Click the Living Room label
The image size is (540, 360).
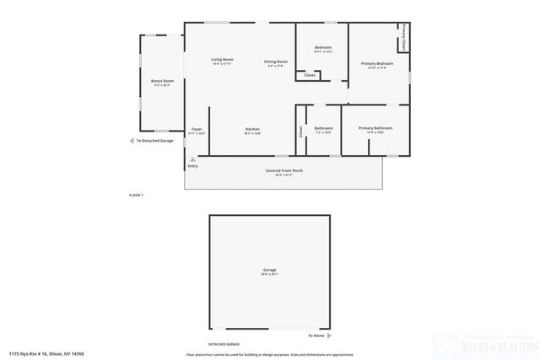point(222,59)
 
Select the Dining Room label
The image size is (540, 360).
point(277,61)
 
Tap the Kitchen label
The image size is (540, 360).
point(252,129)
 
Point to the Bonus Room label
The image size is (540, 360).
point(162,81)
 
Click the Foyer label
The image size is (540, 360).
point(196,129)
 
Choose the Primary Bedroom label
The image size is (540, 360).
point(377,64)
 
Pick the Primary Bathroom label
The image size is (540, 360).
point(375,128)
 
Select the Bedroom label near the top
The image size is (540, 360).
point(322,47)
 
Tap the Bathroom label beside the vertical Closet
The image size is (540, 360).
point(323,128)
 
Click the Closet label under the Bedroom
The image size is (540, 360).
point(309,76)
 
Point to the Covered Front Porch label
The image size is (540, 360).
point(285,170)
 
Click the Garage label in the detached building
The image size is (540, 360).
point(269,271)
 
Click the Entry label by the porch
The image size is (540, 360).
point(193,166)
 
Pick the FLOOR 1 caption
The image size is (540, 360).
point(136,195)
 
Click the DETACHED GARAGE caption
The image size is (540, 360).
point(224,345)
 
